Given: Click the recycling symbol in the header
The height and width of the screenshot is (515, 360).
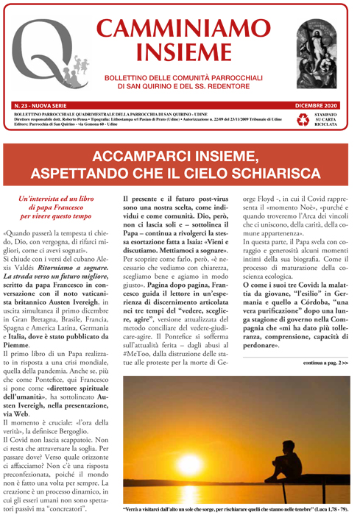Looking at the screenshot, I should [302, 119].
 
